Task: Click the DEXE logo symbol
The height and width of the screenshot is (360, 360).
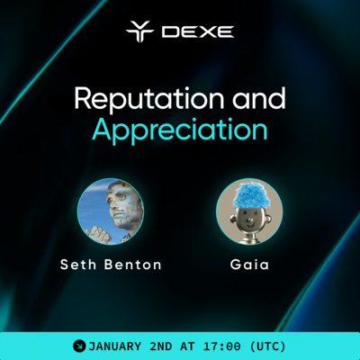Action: pyautogui.click(x=138, y=32)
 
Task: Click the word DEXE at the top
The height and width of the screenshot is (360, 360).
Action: pyautogui.click(x=197, y=32)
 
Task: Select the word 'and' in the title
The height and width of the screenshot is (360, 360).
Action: pyautogui.click(x=256, y=98)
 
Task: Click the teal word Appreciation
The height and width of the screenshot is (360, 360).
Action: pyautogui.click(x=180, y=129)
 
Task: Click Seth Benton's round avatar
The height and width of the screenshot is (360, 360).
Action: pyautogui.click(x=112, y=211)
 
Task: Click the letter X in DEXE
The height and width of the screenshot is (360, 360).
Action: pyautogui.click(x=205, y=32)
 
